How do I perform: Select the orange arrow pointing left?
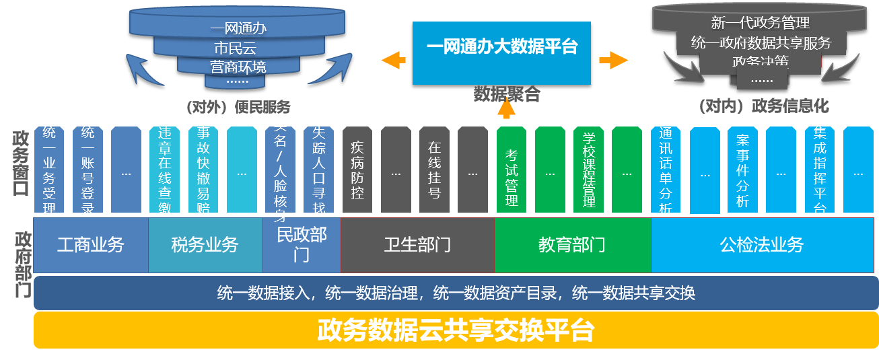click(394, 60)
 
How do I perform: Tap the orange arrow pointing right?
click(613, 60)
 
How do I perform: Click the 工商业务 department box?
click(91, 245)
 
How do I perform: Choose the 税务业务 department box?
click(205, 245)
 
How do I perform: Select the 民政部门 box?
click(302, 245)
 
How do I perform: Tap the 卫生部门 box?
click(417, 245)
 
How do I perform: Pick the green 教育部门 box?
click(572, 245)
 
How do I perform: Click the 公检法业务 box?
click(762, 245)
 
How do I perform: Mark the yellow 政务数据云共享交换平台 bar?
click(456, 330)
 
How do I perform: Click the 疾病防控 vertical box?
click(357, 170)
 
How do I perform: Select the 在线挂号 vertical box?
click(434, 170)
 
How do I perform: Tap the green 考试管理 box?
click(512, 170)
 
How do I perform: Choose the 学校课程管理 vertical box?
click(588, 170)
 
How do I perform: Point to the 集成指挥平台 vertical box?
click(820, 170)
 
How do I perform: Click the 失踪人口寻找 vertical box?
click(319, 170)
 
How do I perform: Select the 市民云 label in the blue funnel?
click(235, 48)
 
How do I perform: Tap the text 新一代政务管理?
click(760, 24)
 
